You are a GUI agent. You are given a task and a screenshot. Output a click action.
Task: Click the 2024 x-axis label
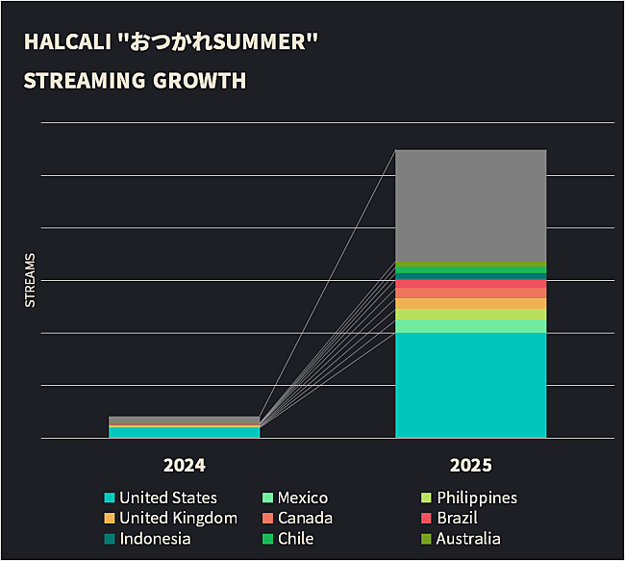(184, 465)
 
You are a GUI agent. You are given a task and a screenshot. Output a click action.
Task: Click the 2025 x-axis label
(470, 465)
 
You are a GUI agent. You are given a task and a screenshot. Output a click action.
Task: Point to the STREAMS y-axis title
(30, 280)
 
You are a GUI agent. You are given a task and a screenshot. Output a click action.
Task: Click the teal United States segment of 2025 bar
(470, 385)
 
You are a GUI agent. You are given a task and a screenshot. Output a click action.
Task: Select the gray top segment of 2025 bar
(470, 205)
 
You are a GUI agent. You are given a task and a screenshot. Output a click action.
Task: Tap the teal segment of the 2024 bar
(184, 432)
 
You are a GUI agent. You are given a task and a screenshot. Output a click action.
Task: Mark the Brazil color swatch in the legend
(427, 518)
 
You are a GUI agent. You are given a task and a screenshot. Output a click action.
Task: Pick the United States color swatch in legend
(110, 497)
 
